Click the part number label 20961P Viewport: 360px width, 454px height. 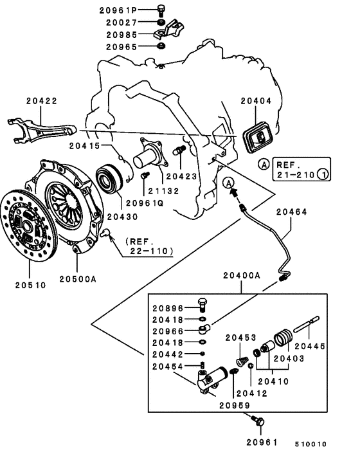click(118, 10)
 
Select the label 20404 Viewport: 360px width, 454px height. click(256, 102)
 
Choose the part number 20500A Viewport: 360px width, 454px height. click(78, 279)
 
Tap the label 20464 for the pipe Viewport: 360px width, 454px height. click(292, 211)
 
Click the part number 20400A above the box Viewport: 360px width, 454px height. click(242, 275)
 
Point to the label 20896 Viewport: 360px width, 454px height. click(168, 307)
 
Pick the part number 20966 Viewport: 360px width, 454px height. click(168, 331)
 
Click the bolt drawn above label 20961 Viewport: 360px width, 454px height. click(258, 422)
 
